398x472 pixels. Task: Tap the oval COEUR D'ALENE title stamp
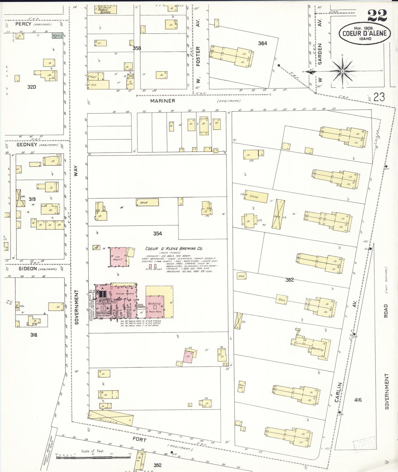(364, 33)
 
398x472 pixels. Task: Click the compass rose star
(342, 71)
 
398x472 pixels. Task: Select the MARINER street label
(163, 101)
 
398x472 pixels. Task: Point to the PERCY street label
(23, 24)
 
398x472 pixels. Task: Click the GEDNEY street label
(27, 145)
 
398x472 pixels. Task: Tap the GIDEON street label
(28, 268)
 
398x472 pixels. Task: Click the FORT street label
(139, 439)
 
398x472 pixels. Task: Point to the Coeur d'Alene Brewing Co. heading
(174, 248)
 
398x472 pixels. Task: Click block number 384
(262, 43)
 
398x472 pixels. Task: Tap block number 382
(289, 280)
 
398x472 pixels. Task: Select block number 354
(157, 234)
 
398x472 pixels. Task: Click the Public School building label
(105, 10)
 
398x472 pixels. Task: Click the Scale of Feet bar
(93, 457)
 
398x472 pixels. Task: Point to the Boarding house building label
(317, 349)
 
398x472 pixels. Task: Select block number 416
(358, 400)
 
